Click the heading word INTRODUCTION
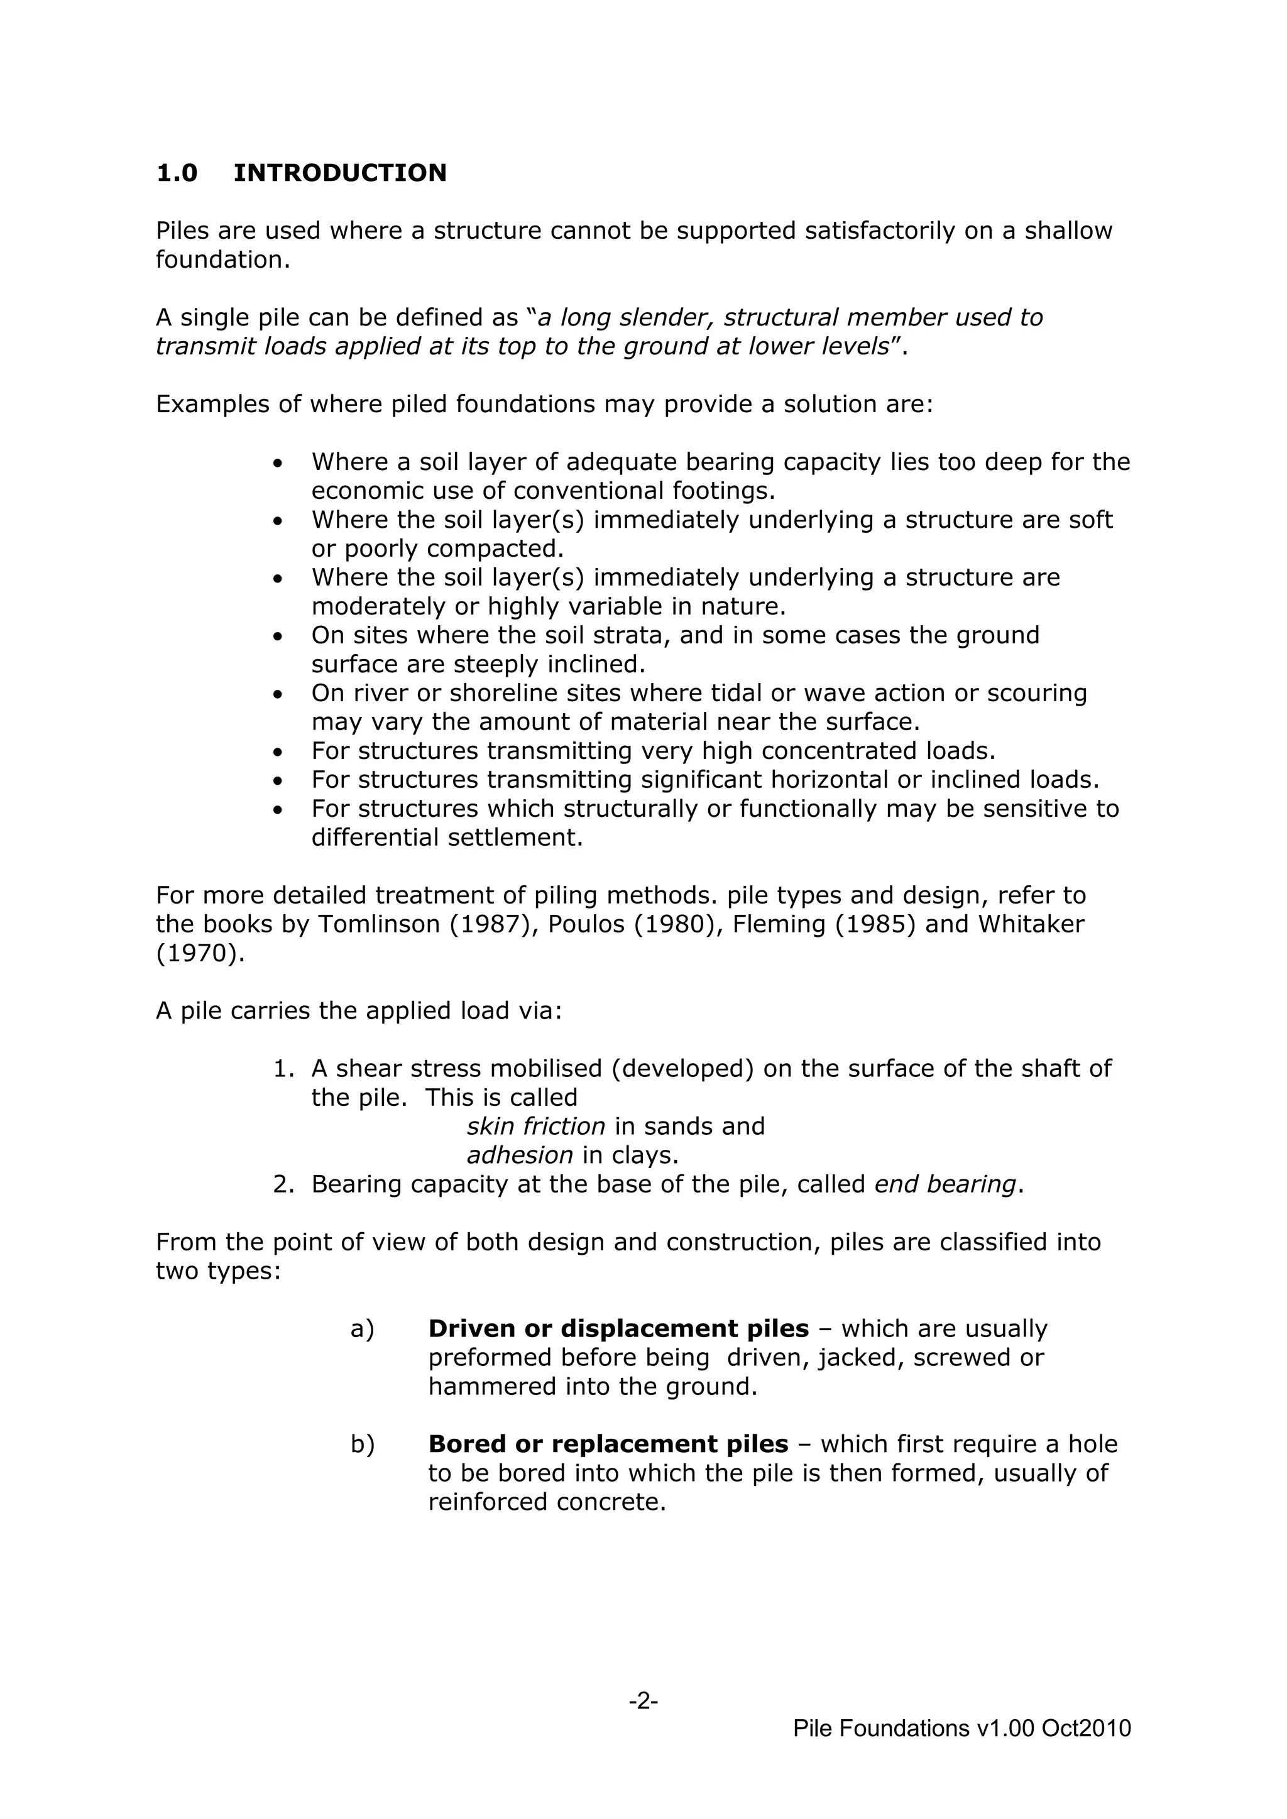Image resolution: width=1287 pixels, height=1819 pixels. click(x=339, y=173)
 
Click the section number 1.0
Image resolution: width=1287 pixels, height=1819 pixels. click(x=177, y=173)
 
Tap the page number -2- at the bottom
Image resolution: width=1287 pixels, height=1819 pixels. click(x=643, y=1700)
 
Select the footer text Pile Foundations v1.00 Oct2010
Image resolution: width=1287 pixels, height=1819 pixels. click(x=961, y=1728)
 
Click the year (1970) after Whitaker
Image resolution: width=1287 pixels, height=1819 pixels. click(x=200, y=953)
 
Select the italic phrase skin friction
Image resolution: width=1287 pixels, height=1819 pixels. click(x=535, y=1126)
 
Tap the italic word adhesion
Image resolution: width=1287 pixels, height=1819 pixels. click(x=519, y=1155)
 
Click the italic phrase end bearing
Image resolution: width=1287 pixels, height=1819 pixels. click(x=945, y=1184)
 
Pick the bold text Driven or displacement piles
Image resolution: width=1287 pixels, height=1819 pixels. click(x=618, y=1329)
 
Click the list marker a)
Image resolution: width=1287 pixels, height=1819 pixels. click(x=362, y=1329)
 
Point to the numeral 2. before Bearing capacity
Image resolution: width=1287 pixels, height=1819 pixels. click(x=283, y=1184)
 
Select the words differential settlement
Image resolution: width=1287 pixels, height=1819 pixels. click(x=446, y=838)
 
